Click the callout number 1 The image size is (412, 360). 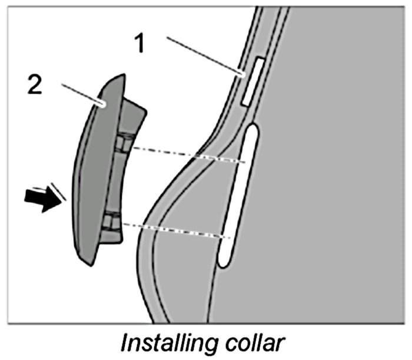[x=140, y=43]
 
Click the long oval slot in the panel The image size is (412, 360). [x=238, y=194]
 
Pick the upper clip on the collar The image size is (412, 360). [x=122, y=144]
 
